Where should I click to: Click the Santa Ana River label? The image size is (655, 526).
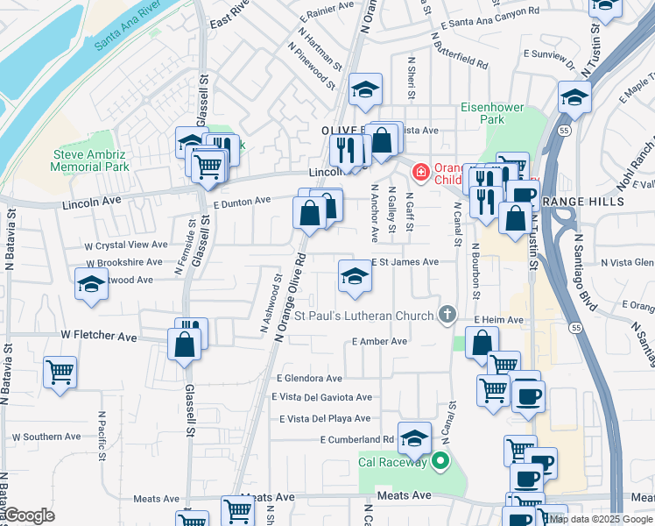click(x=127, y=30)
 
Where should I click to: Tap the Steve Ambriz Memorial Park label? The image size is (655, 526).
click(x=90, y=160)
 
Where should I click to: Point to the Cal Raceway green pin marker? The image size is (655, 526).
click(x=440, y=461)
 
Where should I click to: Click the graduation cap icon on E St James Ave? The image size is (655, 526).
click(x=355, y=276)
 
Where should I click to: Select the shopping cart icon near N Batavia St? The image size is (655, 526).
click(x=60, y=372)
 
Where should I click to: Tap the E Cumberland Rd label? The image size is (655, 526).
click(x=356, y=439)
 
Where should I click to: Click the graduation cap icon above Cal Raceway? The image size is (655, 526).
click(x=414, y=437)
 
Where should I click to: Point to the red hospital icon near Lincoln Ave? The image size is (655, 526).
click(x=421, y=172)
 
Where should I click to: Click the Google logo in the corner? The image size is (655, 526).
click(x=30, y=515)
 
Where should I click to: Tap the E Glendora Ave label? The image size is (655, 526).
click(x=309, y=379)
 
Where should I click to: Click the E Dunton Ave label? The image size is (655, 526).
click(x=242, y=202)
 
